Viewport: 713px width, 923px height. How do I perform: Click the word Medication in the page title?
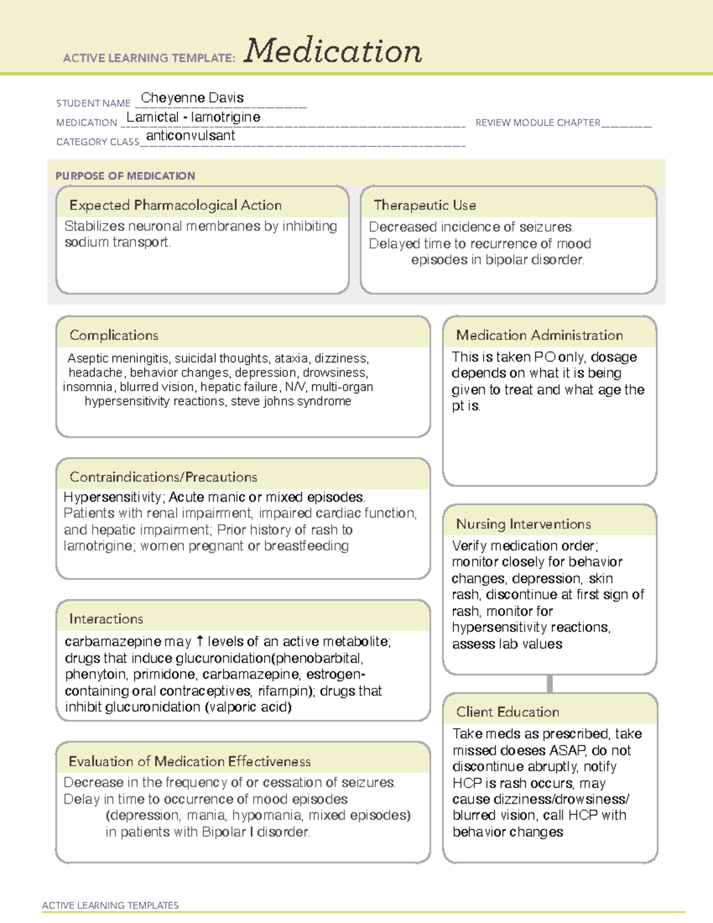coord(333,51)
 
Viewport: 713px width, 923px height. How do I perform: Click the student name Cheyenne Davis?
coord(192,97)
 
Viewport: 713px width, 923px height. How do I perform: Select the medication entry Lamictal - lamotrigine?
coord(193,117)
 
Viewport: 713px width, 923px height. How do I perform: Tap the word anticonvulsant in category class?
coord(190,136)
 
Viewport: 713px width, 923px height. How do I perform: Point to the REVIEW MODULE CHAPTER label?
coord(538,122)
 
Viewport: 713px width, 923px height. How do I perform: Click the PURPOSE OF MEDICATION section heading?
coord(125,176)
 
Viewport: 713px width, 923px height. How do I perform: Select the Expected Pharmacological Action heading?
coord(175,205)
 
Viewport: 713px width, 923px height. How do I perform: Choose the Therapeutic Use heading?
coord(425,205)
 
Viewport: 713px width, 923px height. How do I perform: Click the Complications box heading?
coord(113,335)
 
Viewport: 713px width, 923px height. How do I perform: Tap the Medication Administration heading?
coord(540,335)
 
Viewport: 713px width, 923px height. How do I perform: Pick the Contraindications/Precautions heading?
coord(163,477)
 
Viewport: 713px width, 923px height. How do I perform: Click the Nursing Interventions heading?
coord(523,524)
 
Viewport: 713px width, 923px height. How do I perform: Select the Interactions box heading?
coord(106,619)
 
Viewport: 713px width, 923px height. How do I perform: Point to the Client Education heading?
coord(507,712)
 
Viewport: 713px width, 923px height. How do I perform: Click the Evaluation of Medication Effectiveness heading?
coord(190,761)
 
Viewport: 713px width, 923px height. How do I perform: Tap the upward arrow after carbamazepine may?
coord(200,641)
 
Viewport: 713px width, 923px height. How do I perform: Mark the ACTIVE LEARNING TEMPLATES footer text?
coord(110,905)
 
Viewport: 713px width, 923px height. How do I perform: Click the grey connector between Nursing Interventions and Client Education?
coord(550,683)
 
